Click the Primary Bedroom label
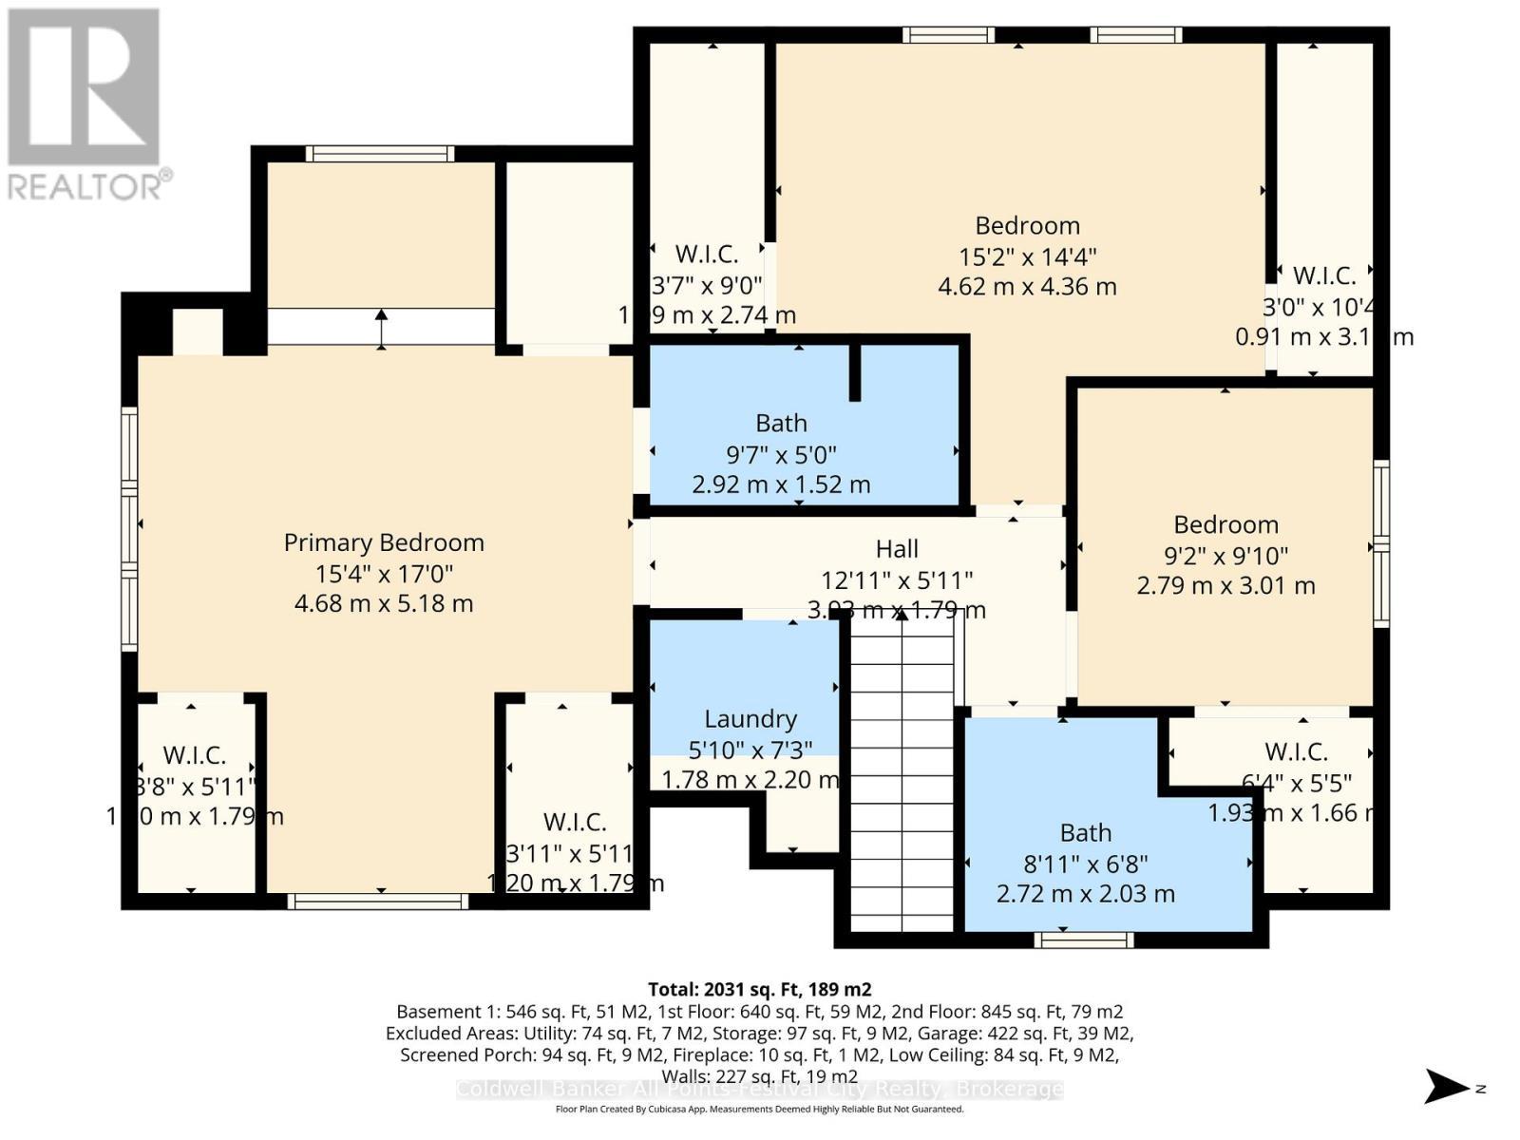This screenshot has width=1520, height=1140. [384, 542]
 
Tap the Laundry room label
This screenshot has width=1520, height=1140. [750, 719]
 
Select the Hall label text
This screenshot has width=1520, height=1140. [897, 549]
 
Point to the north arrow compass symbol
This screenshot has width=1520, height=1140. [1448, 1087]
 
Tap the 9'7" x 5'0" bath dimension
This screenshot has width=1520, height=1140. [781, 454]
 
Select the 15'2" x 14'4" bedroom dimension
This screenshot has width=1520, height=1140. [1027, 256]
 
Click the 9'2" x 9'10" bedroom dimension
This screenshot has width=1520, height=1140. [1225, 555]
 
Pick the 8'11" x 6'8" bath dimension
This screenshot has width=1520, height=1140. [1085, 864]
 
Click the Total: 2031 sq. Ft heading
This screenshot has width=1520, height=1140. [759, 989]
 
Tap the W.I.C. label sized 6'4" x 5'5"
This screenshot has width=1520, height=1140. [1296, 751]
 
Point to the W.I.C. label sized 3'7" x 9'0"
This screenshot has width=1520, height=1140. [707, 255]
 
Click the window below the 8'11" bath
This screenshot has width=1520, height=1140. [1084, 940]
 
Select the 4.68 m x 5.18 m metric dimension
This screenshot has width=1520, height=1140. [384, 603]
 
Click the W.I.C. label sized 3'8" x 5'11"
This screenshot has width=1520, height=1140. [195, 755]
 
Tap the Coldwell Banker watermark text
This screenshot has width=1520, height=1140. [759, 1090]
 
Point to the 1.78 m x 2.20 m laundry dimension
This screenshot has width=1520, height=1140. [750, 780]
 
